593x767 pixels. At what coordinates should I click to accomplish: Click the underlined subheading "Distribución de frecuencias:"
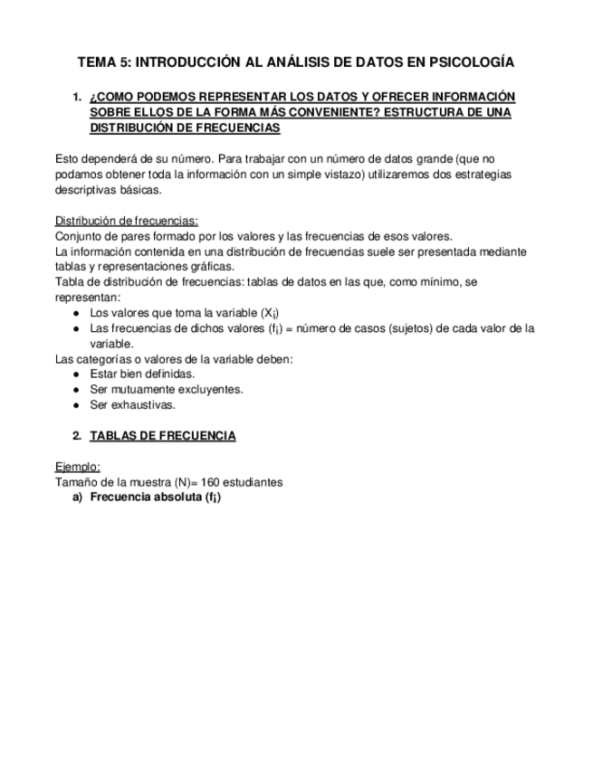click(x=127, y=221)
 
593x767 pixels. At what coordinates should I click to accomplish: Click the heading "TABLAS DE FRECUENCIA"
click(x=163, y=436)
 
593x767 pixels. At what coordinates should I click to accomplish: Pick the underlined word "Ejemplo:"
click(x=78, y=467)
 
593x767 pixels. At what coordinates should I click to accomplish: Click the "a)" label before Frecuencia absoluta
click(x=78, y=497)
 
